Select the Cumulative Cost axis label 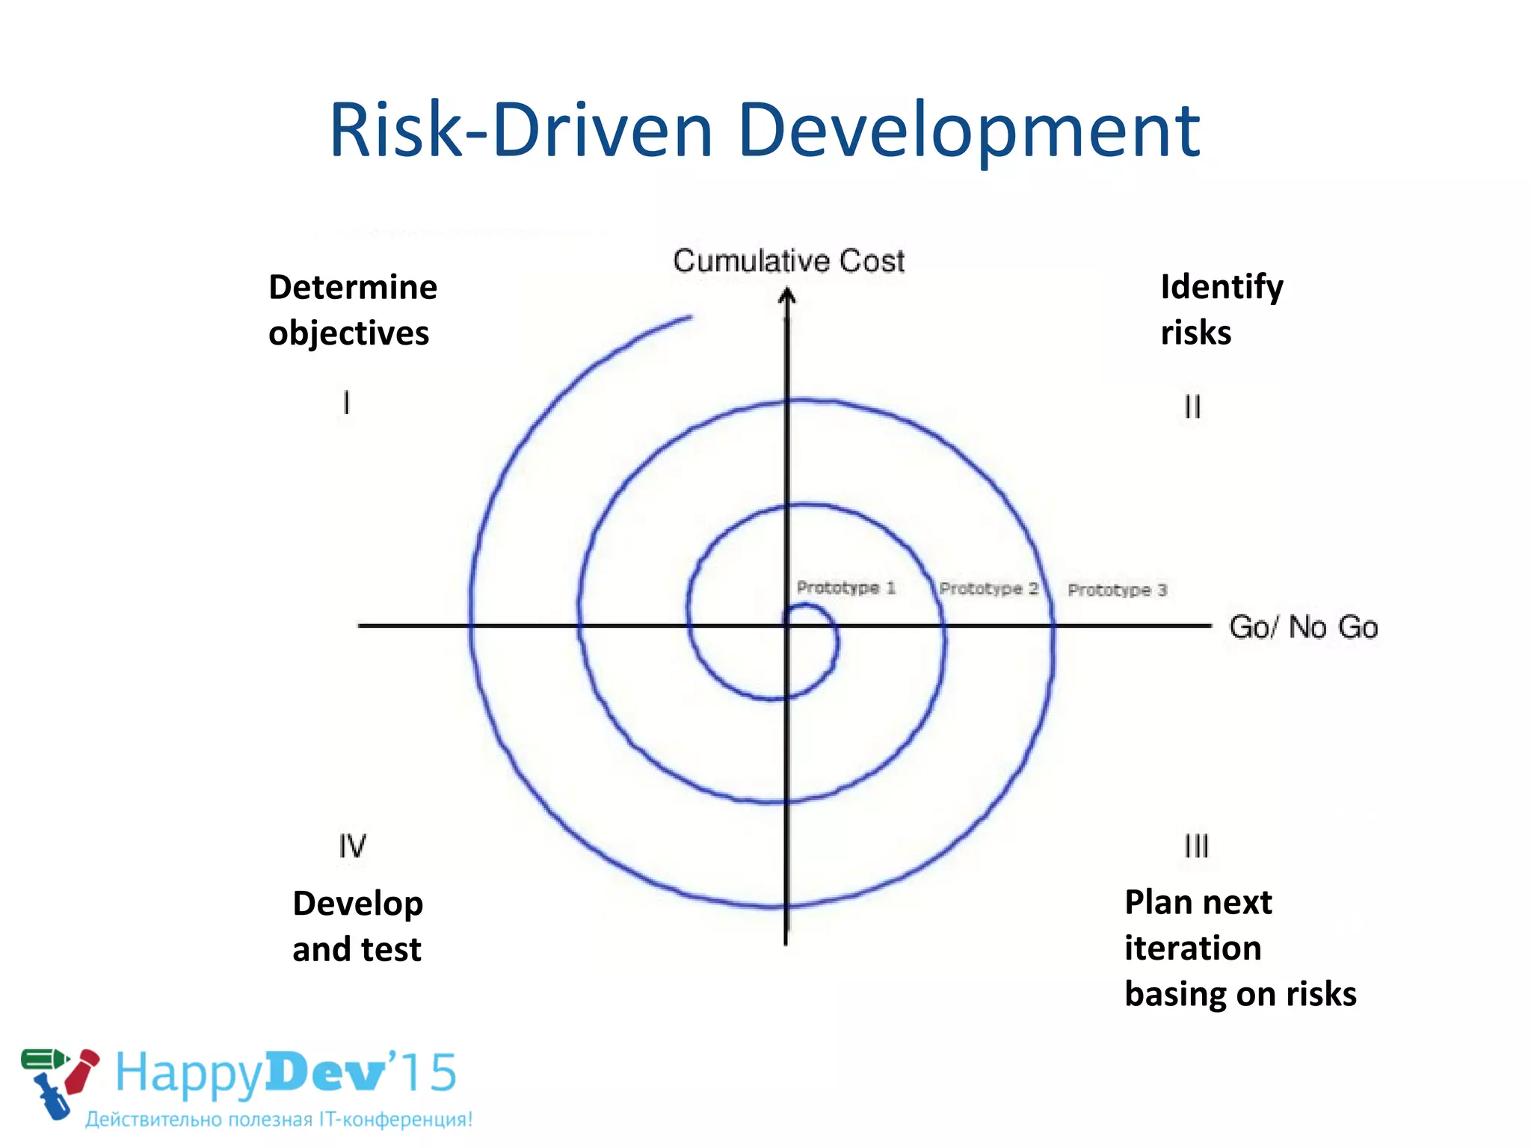click(789, 261)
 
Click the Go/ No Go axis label click(1303, 627)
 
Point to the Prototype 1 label click(845, 587)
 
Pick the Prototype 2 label click(988, 589)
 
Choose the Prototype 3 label click(1117, 590)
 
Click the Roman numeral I click(346, 403)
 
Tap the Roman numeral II click(1192, 407)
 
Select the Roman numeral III click(1196, 846)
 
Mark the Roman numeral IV click(352, 846)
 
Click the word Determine click(353, 288)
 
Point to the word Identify click(1222, 288)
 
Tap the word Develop click(358, 904)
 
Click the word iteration click(1193, 948)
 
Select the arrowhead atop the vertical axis click(786, 297)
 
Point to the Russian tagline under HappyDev click(279, 1120)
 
